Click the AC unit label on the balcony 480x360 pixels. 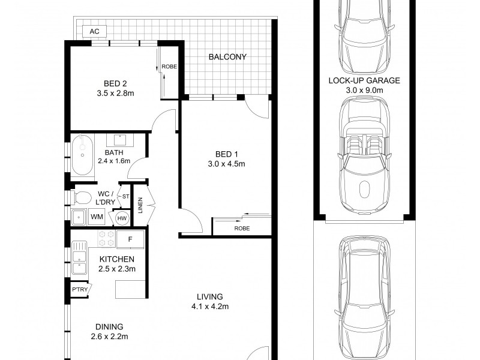(x=94, y=31)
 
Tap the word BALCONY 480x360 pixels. (x=227, y=58)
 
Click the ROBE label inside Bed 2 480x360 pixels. (x=170, y=67)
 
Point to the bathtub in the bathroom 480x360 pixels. (x=83, y=155)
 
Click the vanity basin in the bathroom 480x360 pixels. (x=119, y=140)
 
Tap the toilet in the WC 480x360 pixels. (x=82, y=197)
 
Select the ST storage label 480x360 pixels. (x=125, y=196)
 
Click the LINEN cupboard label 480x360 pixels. (x=140, y=205)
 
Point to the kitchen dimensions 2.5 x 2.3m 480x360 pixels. (x=117, y=268)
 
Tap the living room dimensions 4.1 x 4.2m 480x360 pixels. (x=209, y=307)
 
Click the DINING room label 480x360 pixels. (x=109, y=327)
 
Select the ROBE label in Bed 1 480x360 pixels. (x=242, y=229)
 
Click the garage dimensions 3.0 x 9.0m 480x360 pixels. (x=364, y=89)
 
